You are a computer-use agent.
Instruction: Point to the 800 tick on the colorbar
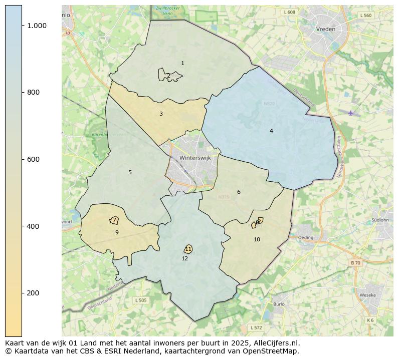click(x=33, y=92)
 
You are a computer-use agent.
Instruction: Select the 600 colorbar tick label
click(x=33, y=159)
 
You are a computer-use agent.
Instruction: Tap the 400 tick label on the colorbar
click(x=33, y=226)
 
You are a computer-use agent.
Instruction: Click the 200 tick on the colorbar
click(x=33, y=293)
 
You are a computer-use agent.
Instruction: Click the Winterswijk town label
click(x=195, y=157)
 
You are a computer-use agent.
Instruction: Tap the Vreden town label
click(x=325, y=29)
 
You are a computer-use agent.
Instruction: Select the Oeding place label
click(x=305, y=238)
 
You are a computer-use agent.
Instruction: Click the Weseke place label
click(x=367, y=295)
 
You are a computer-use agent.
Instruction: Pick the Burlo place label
click(x=279, y=304)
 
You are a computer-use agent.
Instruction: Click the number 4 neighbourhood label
click(x=271, y=131)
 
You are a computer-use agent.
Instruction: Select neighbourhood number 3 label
click(x=161, y=114)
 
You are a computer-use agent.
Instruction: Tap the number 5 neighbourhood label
click(x=130, y=172)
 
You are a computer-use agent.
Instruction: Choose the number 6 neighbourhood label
click(x=239, y=192)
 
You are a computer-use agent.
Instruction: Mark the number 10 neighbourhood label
click(x=257, y=239)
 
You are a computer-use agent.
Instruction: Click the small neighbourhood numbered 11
click(x=188, y=249)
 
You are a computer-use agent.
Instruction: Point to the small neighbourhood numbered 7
click(x=114, y=220)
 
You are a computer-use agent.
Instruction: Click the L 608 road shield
click(x=289, y=12)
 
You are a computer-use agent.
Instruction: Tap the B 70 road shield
click(x=355, y=263)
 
